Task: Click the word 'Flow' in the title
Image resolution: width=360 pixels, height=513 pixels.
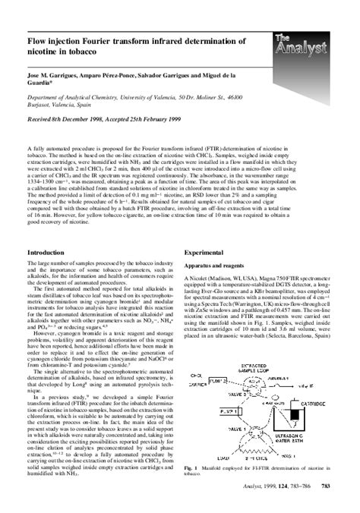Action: pyautogui.click(x=39, y=39)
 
